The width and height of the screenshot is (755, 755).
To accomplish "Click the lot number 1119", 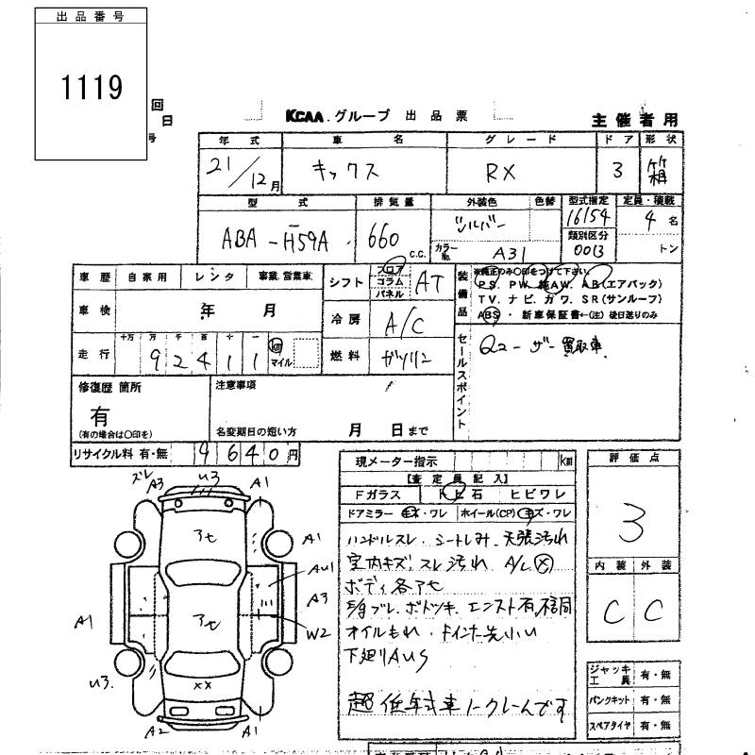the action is (x=92, y=88).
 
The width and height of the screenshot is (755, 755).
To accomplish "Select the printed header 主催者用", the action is (x=634, y=120).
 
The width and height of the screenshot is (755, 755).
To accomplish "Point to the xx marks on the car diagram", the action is (x=201, y=686).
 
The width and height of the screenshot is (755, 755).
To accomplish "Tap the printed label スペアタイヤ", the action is (x=612, y=727).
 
